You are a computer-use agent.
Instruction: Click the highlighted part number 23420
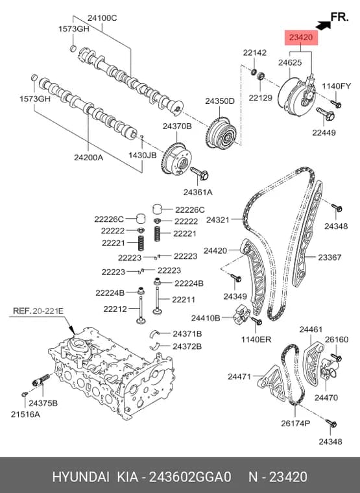click(301, 38)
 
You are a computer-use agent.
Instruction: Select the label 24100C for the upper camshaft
click(102, 18)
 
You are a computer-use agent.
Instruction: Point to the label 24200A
click(88, 157)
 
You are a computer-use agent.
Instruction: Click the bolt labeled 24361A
click(199, 173)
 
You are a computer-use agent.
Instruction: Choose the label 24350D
click(220, 101)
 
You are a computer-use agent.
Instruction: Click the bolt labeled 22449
click(325, 114)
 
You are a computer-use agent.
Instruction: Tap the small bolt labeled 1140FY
click(336, 104)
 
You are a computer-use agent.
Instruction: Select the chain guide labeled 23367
click(307, 234)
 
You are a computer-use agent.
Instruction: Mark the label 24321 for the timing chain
click(217, 219)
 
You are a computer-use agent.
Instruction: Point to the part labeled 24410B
click(241, 317)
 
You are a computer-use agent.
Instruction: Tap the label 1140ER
click(256, 339)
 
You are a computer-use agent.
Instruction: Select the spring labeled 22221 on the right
click(158, 234)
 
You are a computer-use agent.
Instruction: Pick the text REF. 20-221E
click(38, 311)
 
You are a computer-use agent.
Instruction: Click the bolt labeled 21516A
click(24, 394)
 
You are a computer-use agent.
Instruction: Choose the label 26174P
click(295, 423)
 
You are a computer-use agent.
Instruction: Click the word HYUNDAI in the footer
click(81, 477)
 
